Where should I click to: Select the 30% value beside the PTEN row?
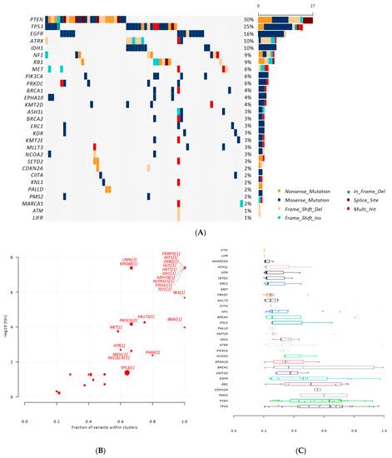[248, 18]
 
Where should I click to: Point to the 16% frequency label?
[248, 34]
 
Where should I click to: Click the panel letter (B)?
[99, 451]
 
